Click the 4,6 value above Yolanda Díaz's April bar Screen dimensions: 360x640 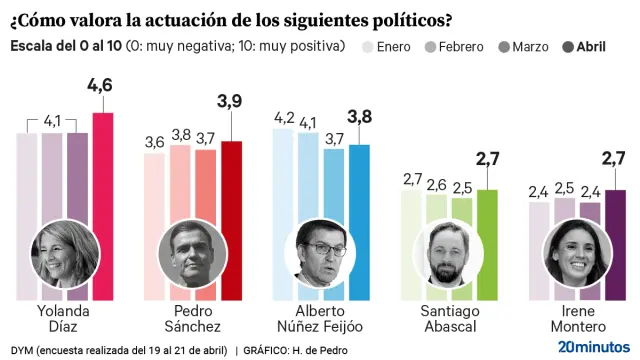pyautogui.click(x=100, y=87)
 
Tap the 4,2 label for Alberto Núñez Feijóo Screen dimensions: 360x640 pyautogui.click(x=285, y=118)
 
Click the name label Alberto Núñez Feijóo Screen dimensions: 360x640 pyautogui.click(x=320, y=318)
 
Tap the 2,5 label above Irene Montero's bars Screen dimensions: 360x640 pyautogui.click(x=565, y=187)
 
